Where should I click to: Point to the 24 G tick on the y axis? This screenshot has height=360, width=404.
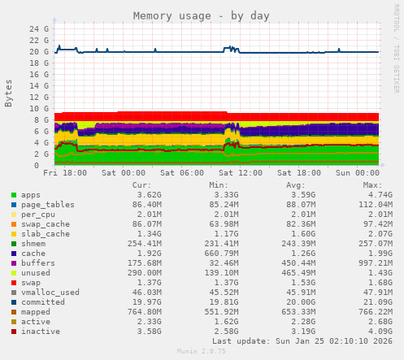(38, 28)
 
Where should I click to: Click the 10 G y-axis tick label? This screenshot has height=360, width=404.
(38, 108)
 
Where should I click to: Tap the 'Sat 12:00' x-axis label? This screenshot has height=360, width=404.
(241, 173)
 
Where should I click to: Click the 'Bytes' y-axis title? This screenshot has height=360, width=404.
(9, 93)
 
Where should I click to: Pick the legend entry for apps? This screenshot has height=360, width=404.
(31, 195)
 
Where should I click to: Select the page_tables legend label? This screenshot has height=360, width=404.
(48, 205)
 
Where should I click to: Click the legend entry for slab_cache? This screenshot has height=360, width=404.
(46, 234)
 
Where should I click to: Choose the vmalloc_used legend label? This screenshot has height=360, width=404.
(50, 292)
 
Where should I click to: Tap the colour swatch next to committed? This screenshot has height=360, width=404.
(14, 301)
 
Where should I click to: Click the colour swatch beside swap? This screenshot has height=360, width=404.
(14, 282)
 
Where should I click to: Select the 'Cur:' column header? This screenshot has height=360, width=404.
(141, 184)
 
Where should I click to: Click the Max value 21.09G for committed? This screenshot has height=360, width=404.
(376, 301)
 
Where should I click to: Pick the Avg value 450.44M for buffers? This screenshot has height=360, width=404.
(302, 262)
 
